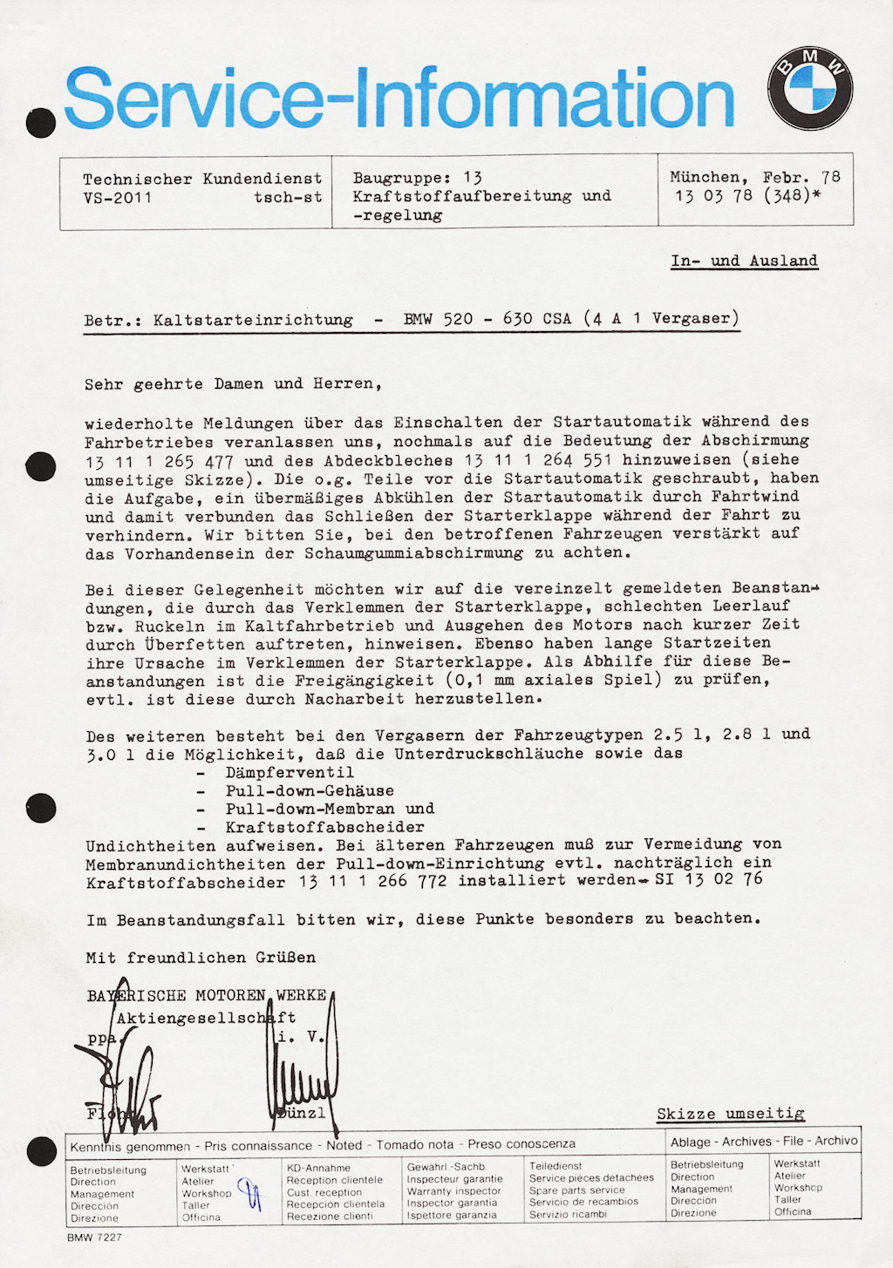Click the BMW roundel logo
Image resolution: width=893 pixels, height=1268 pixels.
(810, 89)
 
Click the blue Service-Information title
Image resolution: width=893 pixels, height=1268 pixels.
(399, 98)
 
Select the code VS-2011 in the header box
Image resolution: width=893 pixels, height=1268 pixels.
(117, 198)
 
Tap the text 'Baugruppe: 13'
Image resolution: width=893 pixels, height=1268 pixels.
(417, 178)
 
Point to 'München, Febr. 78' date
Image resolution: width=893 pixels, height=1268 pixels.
(754, 178)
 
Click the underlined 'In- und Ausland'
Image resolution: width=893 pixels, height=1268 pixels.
(744, 261)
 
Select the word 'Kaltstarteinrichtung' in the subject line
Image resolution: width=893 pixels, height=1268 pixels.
(253, 320)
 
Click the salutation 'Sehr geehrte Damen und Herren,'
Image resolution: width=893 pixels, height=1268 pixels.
(233, 383)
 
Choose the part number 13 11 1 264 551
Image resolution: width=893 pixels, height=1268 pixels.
(538, 460)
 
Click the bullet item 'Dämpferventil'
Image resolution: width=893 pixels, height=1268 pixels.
(290, 772)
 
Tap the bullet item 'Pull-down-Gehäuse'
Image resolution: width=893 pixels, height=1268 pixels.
(310, 790)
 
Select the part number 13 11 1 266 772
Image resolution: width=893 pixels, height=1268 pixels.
(372, 881)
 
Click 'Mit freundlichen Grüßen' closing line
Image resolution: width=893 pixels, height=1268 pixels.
(201, 957)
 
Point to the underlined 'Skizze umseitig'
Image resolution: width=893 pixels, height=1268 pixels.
(730, 1114)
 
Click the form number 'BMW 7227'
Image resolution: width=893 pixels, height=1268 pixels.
(94, 1237)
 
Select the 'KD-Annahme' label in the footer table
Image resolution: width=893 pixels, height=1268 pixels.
(318, 1168)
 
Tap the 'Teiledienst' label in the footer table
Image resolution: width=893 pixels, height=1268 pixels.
(556, 1166)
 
